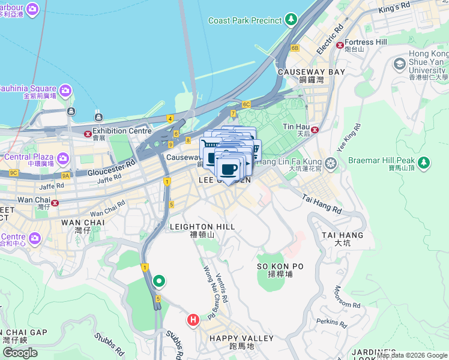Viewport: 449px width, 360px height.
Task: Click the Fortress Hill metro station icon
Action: (x=340, y=44)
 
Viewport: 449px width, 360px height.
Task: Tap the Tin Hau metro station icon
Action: (x=314, y=129)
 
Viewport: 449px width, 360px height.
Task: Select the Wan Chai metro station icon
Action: (x=55, y=203)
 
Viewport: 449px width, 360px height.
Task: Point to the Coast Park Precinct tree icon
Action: (x=291, y=20)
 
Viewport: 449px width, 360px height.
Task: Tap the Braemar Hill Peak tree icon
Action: (x=424, y=162)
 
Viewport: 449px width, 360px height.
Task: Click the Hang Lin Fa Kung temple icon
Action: (x=330, y=163)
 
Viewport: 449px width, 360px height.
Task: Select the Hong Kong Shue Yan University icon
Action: (x=399, y=64)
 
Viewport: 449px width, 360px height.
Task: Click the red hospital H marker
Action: (x=193, y=320)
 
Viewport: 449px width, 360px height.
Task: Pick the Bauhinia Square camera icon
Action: (x=65, y=91)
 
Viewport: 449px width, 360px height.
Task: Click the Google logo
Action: (x=20, y=353)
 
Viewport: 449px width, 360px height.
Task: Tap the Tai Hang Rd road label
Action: (x=322, y=204)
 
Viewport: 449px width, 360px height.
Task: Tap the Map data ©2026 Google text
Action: (x=412, y=355)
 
